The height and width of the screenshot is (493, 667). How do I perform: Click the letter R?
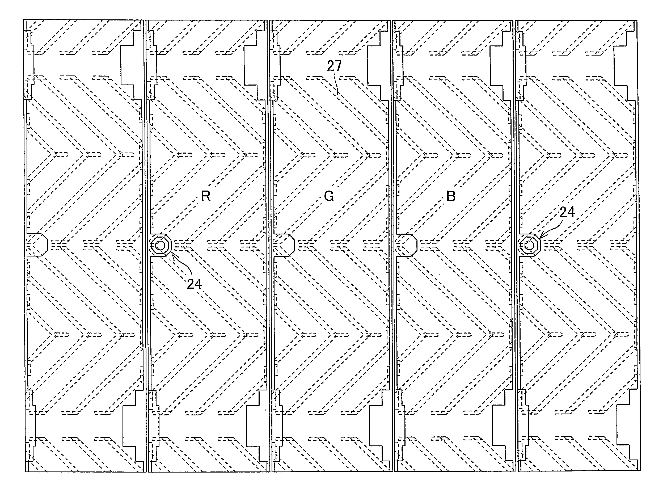tap(206, 196)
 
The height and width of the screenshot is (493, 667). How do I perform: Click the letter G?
tap(329, 196)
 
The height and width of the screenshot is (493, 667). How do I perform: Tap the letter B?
tap(451, 196)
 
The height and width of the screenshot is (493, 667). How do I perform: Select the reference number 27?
tap(334, 66)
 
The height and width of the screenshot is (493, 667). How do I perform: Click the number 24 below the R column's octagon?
tap(194, 284)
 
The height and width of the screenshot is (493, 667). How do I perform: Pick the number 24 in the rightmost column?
tap(567, 212)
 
